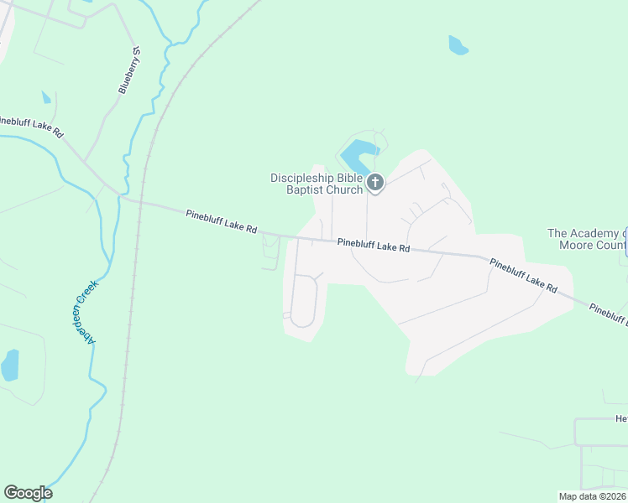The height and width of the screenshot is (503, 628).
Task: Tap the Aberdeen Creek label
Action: (x=92, y=309)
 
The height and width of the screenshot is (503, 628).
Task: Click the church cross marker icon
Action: (x=375, y=182)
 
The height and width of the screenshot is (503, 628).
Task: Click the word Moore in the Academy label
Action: (x=578, y=246)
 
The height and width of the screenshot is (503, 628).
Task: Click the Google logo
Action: (x=28, y=493)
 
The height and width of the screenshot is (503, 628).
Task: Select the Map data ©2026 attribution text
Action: (x=592, y=496)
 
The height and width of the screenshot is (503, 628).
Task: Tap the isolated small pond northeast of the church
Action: (x=458, y=45)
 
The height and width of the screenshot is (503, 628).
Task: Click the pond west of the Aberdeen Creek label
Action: (x=10, y=366)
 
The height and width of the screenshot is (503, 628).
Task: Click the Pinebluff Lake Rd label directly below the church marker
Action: (x=374, y=246)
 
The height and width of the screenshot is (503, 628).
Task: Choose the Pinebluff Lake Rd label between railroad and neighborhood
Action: (x=221, y=222)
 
